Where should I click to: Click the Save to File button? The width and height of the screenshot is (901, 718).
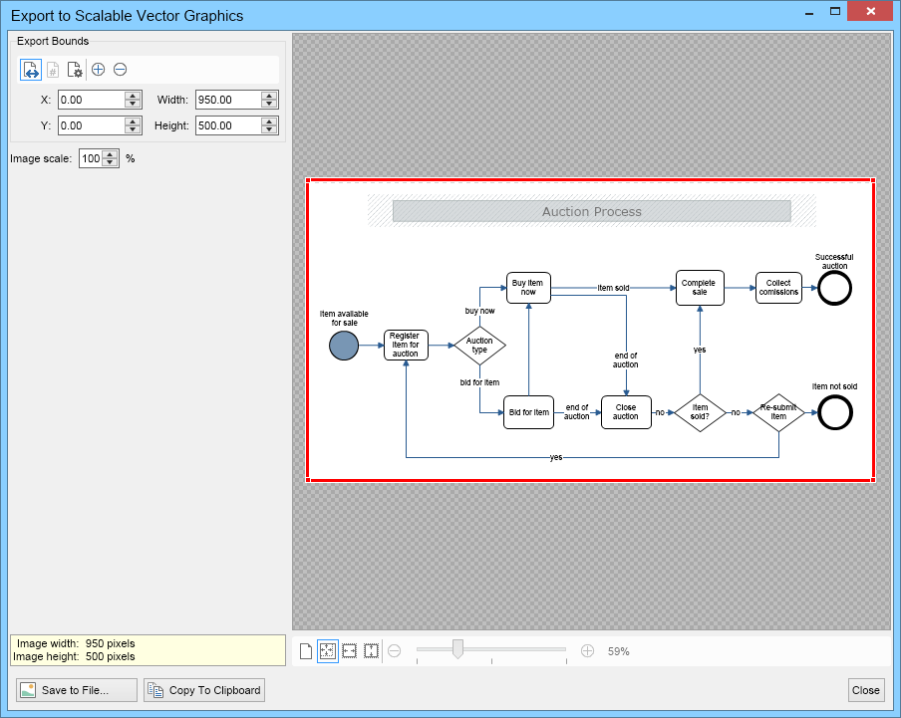coord(77,690)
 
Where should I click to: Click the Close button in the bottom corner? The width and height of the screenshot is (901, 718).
coord(865,690)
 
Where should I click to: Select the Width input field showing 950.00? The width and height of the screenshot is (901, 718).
coord(228,100)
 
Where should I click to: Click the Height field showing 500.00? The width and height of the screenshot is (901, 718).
coord(228,125)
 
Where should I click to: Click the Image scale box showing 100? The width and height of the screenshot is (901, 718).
coord(91,158)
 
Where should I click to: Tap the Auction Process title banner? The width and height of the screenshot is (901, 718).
coord(592,211)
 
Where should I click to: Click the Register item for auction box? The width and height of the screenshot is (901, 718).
coord(406,345)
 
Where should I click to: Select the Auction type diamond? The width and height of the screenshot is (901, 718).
coord(479,346)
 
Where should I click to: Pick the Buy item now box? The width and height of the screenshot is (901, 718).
coord(528,288)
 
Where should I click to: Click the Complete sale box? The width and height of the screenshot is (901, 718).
coord(700,288)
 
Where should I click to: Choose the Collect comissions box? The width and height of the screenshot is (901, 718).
coord(778,288)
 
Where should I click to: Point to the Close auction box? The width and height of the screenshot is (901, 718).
coord(626,412)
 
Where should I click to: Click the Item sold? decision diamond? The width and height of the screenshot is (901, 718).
coord(700,412)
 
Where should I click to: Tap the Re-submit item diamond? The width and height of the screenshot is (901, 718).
coord(778,412)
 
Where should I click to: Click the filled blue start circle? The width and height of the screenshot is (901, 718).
coord(344,346)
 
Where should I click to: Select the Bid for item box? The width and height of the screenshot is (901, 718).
coord(528,412)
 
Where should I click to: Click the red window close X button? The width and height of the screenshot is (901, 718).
coord(870,11)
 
